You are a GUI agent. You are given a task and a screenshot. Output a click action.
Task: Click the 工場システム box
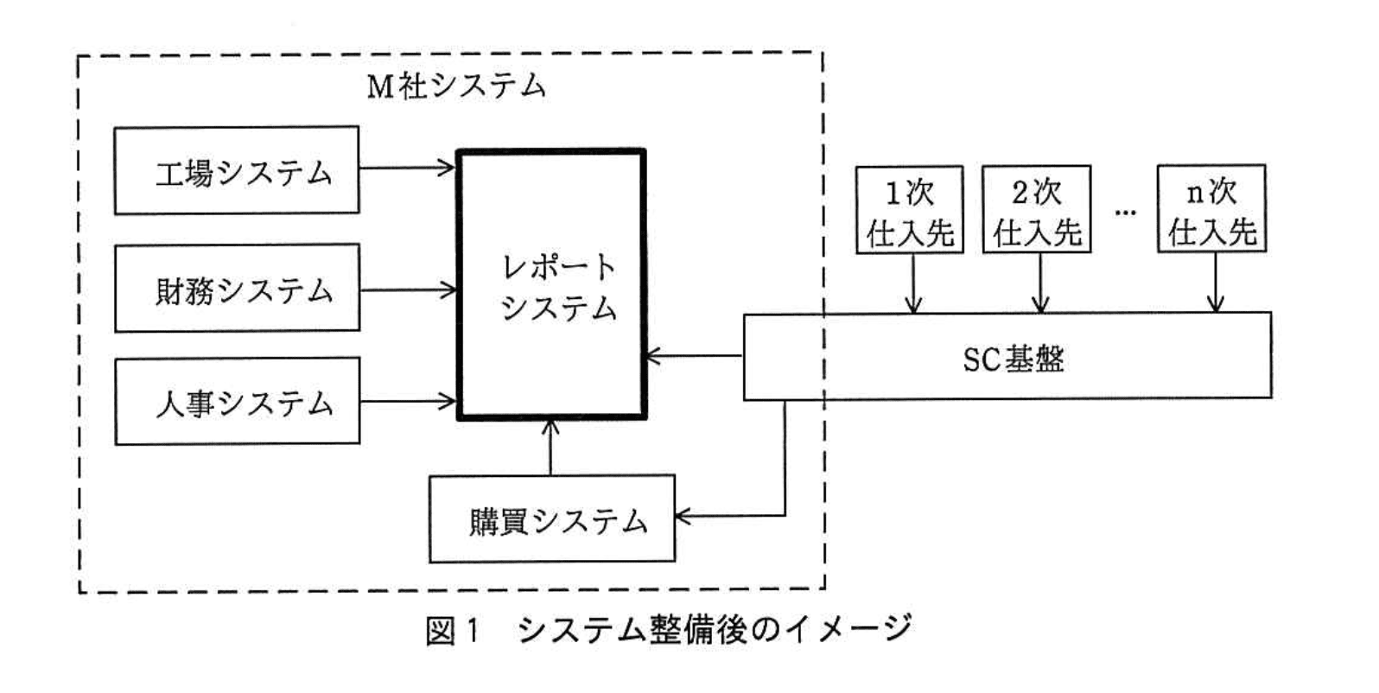tap(237, 170)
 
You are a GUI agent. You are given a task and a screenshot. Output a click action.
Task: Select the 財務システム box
tap(237, 288)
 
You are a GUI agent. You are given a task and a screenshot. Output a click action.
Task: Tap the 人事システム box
tap(237, 401)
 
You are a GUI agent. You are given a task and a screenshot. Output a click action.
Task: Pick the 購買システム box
tap(552, 519)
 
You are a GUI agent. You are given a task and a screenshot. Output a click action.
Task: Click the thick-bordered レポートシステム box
tap(551, 285)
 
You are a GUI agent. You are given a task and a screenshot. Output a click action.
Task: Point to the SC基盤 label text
tap(1014, 358)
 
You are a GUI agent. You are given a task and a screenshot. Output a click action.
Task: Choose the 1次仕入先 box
tap(909, 209)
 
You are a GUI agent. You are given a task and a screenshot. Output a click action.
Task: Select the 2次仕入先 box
tap(1036, 209)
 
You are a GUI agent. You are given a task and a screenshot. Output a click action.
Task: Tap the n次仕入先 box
tap(1211, 209)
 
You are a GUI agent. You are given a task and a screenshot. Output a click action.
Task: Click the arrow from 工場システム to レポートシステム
tap(407, 168)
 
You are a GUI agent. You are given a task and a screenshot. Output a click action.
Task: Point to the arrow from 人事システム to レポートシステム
tap(407, 401)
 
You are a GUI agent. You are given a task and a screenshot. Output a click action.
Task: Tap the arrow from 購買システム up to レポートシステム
tap(550, 448)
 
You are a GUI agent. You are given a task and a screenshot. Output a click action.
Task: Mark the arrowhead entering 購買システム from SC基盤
tap(683, 517)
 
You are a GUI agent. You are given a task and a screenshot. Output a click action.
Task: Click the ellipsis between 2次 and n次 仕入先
tap(1124, 212)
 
